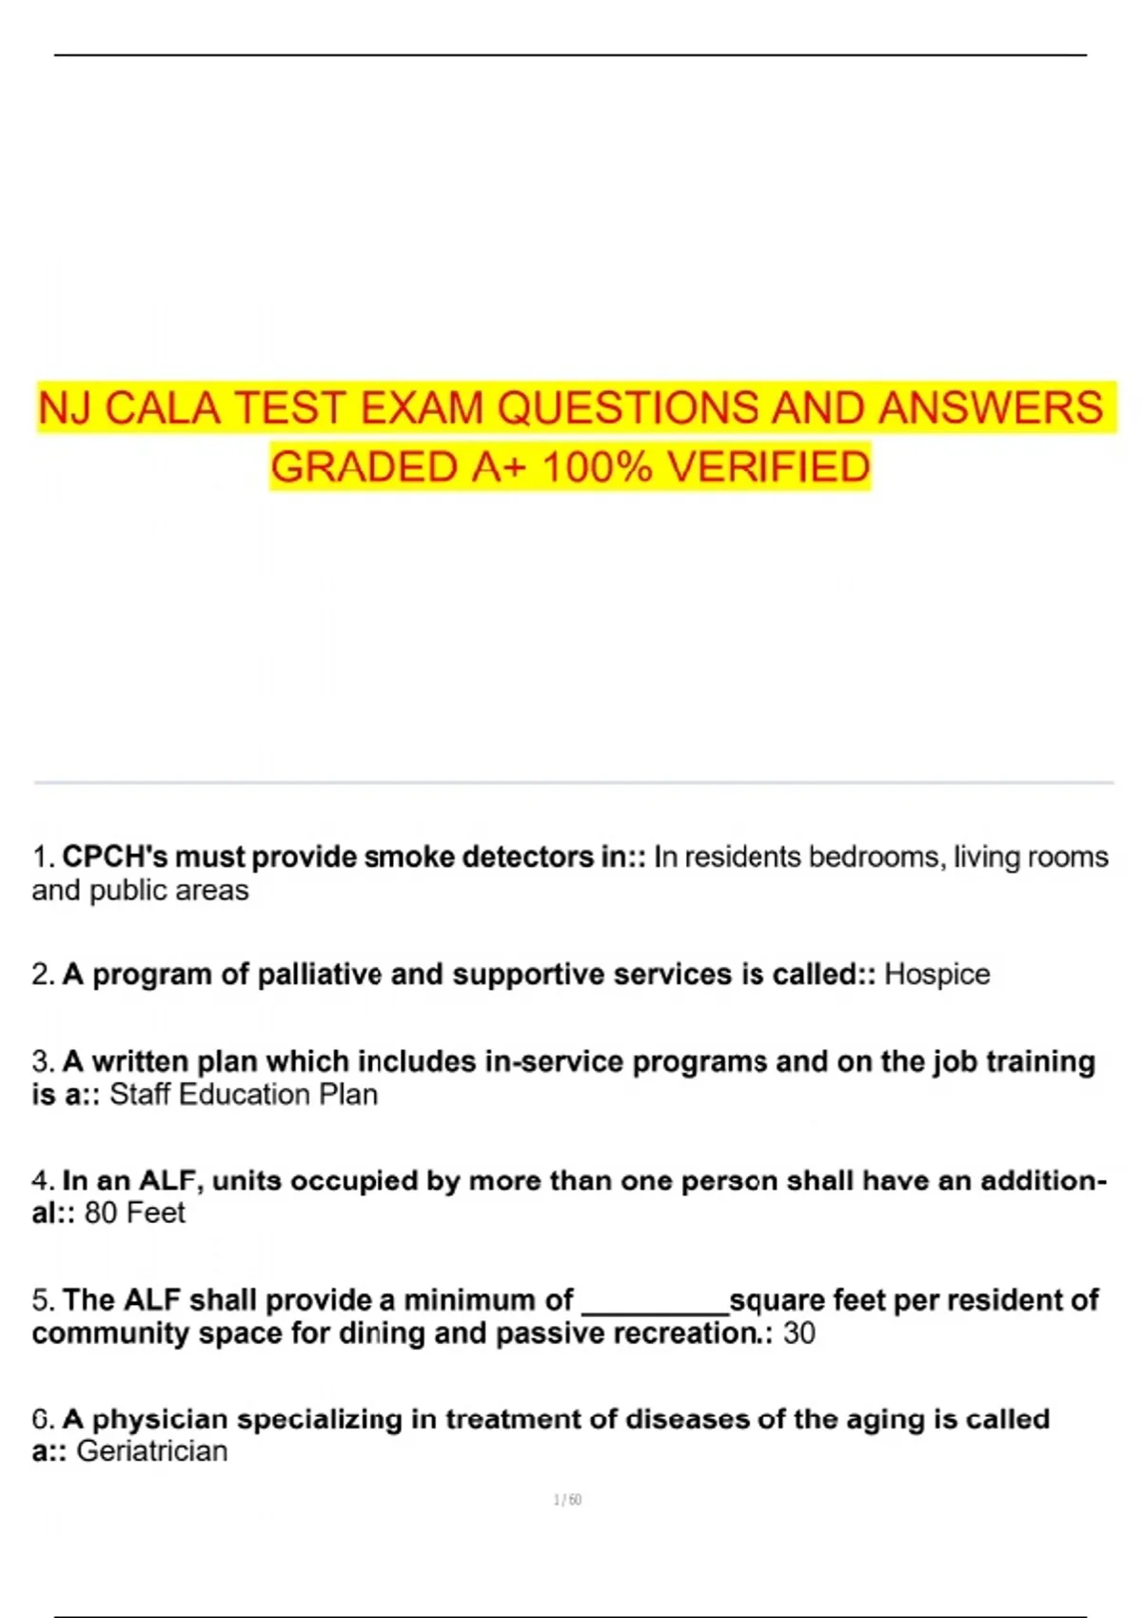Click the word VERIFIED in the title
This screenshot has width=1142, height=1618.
(768, 467)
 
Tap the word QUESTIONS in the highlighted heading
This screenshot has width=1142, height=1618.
(629, 408)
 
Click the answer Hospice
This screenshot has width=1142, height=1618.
(936, 975)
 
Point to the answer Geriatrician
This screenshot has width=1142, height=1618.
(152, 1451)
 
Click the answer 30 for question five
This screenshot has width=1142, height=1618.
(799, 1333)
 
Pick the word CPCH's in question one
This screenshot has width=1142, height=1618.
(115, 858)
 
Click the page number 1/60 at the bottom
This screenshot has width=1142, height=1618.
(567, 1500)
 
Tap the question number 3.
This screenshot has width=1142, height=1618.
(42, 1061)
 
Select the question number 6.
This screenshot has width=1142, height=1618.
(42, 1419)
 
